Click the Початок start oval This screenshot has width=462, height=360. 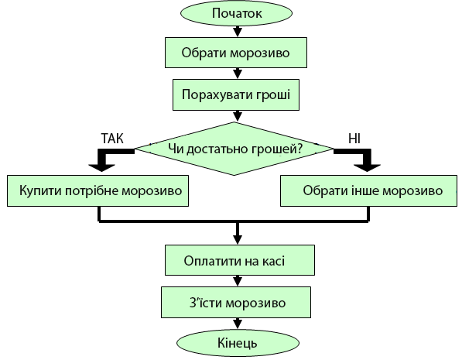pyautogui.click(x=236, y=13)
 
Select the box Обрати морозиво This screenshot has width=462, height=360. pyautogui.click(x=236, y=53)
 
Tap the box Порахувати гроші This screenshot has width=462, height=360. pyautogui.click(x=236, y=96)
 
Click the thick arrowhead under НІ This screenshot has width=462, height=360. pyautogui.click(x=370, y=164)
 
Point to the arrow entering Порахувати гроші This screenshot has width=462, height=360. pyautogui.click(x=236, y=74)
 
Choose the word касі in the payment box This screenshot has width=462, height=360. pyautogui.click(x=272, y=259)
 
